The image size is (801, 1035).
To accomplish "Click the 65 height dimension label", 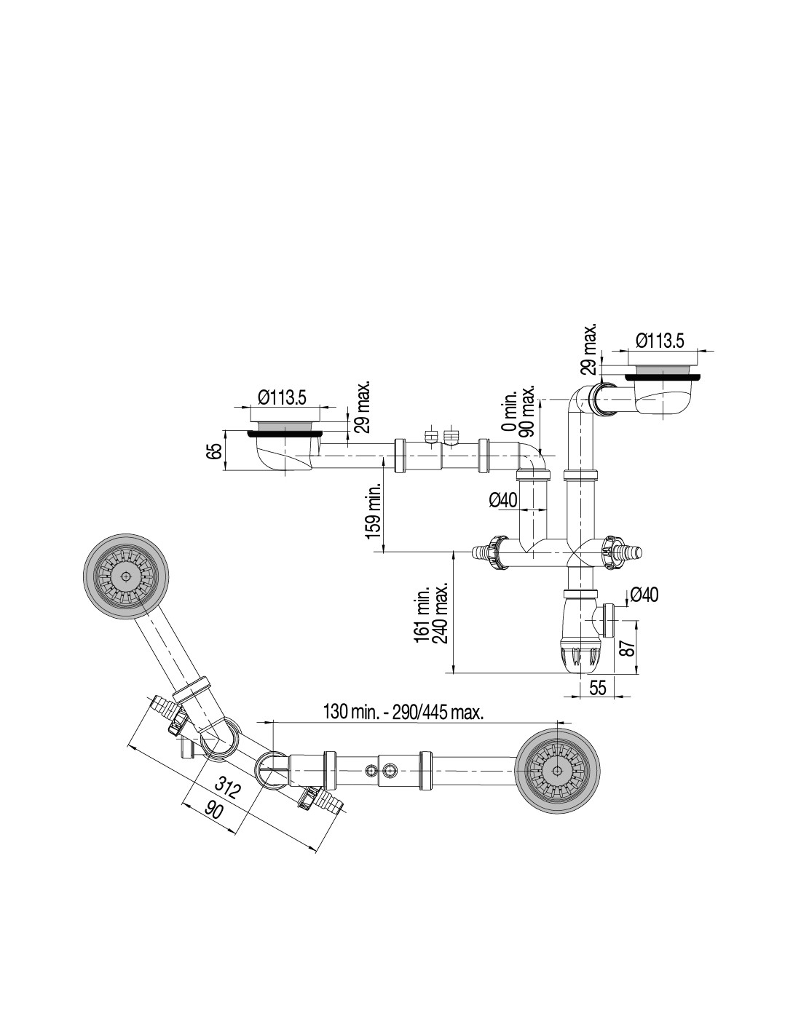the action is point(216,451).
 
